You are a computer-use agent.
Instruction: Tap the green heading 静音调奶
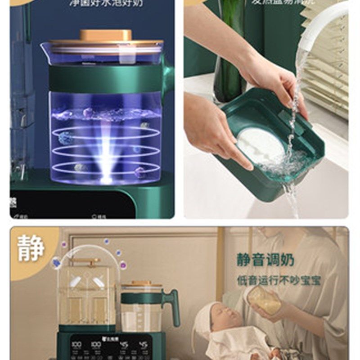[265, 260]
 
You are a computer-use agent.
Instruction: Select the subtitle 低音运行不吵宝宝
[279, 280]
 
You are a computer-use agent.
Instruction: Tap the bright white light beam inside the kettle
[106, 148]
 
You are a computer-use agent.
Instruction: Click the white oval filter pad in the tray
[261, 146]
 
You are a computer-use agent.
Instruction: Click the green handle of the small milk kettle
[172, 306]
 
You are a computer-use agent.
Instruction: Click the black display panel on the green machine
[110, 349]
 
